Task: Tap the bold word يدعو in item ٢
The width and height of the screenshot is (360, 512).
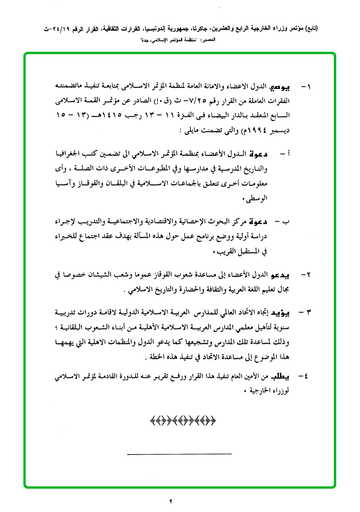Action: point(282,275)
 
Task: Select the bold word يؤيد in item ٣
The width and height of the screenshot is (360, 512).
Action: point(282,312)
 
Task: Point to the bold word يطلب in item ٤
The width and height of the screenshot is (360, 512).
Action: point(281,376)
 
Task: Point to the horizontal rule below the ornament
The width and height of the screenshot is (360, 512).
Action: point(180,455)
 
